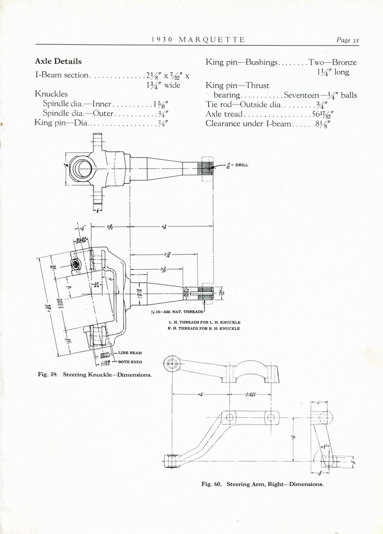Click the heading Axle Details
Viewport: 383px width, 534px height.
coord(58,62)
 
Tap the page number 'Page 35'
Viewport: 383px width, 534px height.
coord(348,40)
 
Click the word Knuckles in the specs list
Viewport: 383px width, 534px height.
coord(51,94)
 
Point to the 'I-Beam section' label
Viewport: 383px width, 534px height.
coord(62,75)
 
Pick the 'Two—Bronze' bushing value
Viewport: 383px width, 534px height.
coord(332,62)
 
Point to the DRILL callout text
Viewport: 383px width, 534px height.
coord(242,165)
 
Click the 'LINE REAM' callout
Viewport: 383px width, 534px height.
coord(130,353)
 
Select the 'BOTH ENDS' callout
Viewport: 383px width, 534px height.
coord(130,361)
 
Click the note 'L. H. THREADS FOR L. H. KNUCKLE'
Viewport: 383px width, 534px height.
coord(204,322)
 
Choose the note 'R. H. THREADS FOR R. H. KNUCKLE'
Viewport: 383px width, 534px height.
coord(204,329)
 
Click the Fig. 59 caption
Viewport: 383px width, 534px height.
coord(94,374)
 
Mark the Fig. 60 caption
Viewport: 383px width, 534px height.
coord(262,484)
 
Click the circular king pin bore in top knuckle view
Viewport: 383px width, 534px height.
coord(82,168)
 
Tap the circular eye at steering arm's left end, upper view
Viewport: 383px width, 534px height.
coord(172,363)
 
